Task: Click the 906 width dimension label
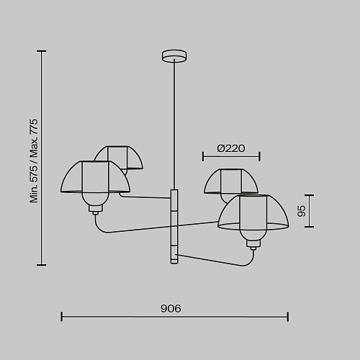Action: coord(171,308)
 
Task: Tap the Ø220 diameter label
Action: coord(231,148)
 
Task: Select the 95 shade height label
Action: coord(302,211)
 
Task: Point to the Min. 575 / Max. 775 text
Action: coord(34,161)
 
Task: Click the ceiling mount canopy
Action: coord(174,56)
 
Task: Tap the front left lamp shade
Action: coord(95,177)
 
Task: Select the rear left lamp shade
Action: coord(118,157)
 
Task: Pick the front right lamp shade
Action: coord(253,212)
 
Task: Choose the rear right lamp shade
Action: coord(231,181)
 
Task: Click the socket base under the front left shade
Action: coord(96,210)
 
